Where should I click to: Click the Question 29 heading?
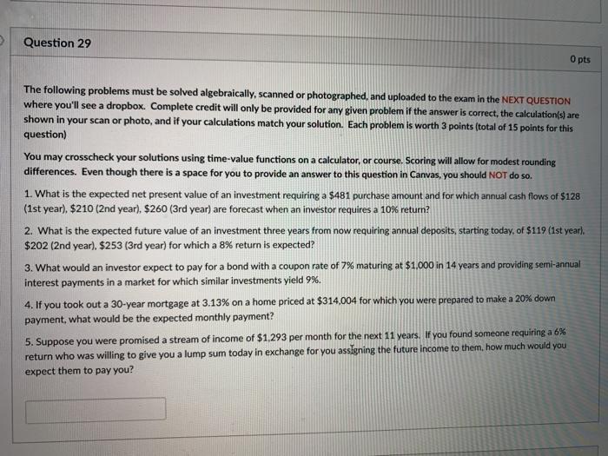[x=57, y=43]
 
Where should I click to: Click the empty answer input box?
[x=96, y=409]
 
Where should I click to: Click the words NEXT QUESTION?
[x=536, y=101]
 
